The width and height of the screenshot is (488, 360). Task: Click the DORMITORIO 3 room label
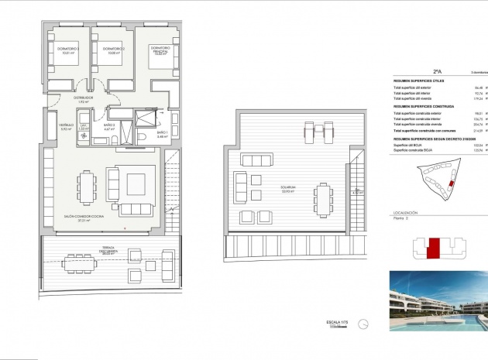(x=67, y=51)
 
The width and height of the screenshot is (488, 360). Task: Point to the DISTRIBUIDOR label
(x=84, y=99)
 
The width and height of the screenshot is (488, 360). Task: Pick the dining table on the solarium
(x=320, y=192)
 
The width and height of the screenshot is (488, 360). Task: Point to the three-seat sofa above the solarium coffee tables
(x=257, y=160)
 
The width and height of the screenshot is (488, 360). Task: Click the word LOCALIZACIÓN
(x=406, y=212)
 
